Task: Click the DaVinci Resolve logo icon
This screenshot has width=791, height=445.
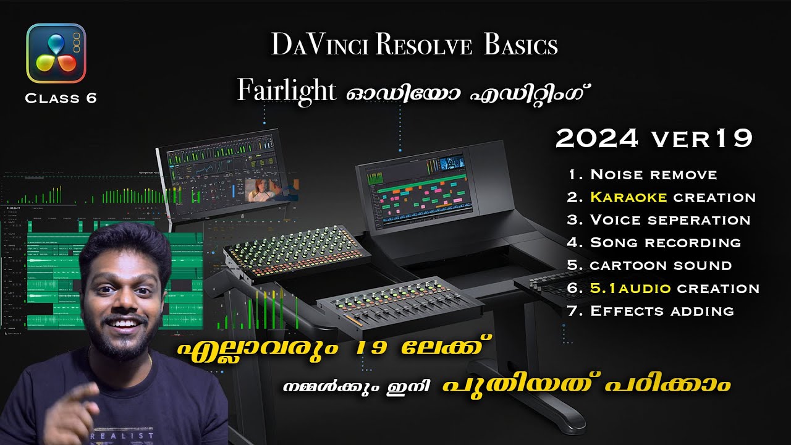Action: [56, 53]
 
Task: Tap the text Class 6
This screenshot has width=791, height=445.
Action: [61, 98]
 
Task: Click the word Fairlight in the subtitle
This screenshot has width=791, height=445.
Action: [286, 91]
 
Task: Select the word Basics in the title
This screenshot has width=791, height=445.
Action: [521, 45]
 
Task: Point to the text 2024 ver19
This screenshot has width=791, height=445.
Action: [654, 139]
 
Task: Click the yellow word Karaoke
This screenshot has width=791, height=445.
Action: [628, 197]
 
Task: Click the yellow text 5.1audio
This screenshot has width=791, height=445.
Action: [631, 288]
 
